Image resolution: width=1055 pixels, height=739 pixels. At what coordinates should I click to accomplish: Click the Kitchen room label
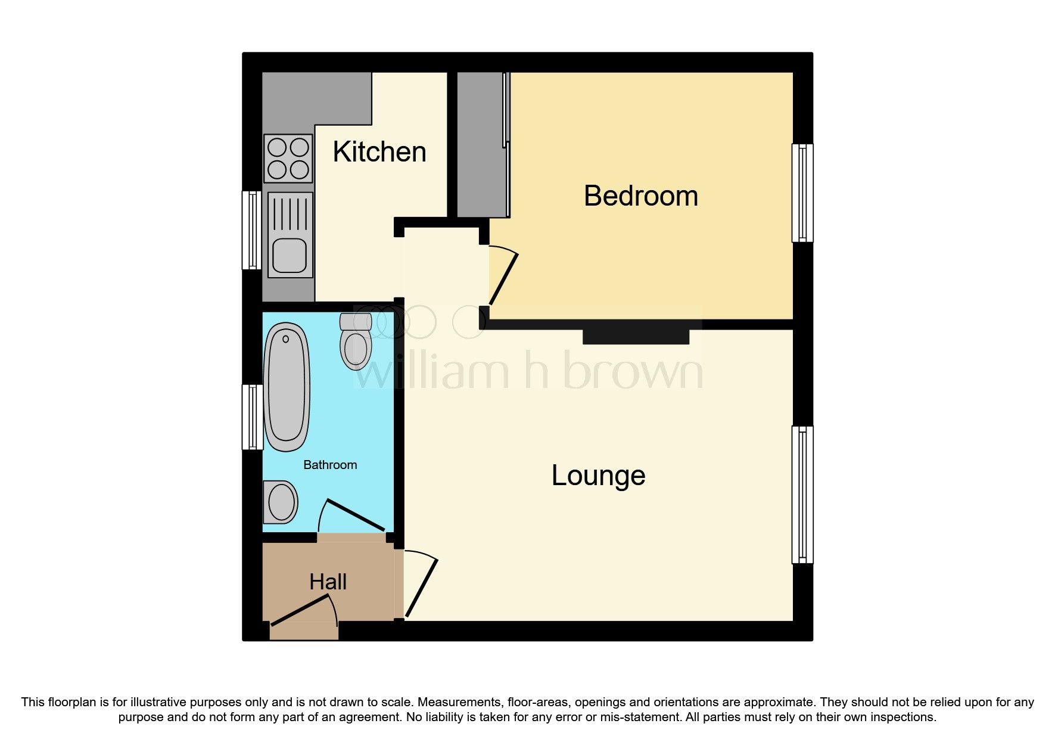[x=379, y=152]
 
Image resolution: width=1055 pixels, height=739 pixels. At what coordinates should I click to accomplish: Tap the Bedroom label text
[x=640, y=196]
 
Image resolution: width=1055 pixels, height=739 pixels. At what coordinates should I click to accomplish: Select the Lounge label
[x=598, y=476]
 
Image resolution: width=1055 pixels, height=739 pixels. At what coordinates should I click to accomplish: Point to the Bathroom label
[x=330, y=465]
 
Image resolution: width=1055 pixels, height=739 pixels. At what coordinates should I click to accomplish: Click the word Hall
[x=328, y=582]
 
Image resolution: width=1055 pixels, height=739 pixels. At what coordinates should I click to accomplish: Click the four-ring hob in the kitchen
[x=289, y=157]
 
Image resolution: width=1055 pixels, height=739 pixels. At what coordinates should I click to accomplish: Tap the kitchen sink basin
[x=290, y=255]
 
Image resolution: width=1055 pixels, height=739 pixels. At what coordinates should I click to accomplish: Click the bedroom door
[x=503, y=279]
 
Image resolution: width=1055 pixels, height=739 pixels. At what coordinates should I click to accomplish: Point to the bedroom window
[x=802, y=192]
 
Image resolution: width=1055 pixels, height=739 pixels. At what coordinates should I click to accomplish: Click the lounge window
[x=802, y=495]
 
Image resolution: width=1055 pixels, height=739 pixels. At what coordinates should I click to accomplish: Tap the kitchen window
[x=252, y=230]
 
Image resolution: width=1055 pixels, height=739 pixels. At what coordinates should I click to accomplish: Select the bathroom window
[x=252, y=417]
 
